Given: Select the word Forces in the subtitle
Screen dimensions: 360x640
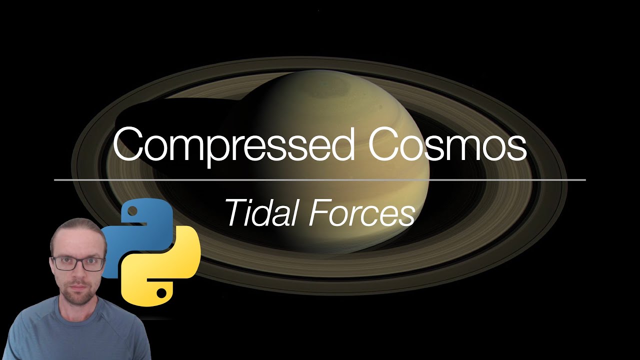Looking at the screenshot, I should (x=361, y=212).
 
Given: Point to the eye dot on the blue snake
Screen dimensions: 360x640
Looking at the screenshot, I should (x=132, y=212).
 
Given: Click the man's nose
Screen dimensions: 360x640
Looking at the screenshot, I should (x=79, y=273).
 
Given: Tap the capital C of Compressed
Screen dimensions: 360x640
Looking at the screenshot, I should (x=131, y=144).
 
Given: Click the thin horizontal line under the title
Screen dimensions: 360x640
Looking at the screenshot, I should (x=320, y=179).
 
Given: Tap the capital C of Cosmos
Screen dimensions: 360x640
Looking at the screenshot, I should (x=384, y=144).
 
